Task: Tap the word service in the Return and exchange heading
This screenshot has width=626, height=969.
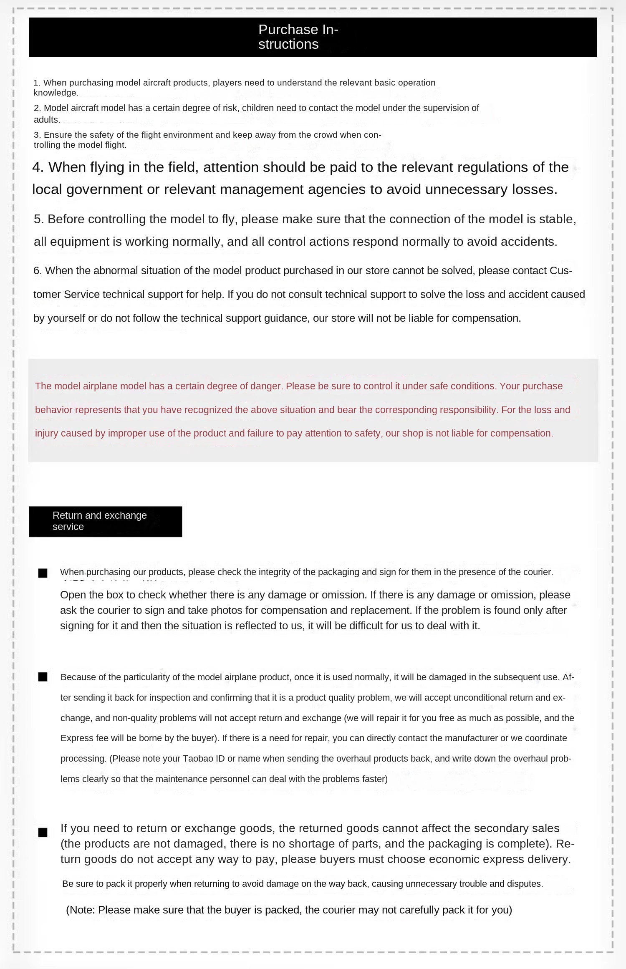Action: pyautogui.click(x=68, y=527)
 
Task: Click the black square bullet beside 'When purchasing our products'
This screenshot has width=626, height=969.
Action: pyautogui.click(x=43, y=573)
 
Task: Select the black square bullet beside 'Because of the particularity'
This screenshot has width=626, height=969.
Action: pyautogui.click(x=43, y=677)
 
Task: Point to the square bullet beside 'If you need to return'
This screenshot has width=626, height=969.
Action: pyautogui.click(x=43, y=833)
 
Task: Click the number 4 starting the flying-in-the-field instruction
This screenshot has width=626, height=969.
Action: pyautogui.click(x=38, y=167)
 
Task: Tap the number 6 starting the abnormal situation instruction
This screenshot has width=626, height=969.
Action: pyautogui.click(x=37, y=271)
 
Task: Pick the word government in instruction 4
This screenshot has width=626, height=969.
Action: pyautogui.click(x=104, y=190)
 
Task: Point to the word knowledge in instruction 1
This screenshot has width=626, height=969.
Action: pyautogui.click(x=55, y=93)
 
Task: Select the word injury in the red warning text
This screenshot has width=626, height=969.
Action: pyautogui.click(x=47, y=434)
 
